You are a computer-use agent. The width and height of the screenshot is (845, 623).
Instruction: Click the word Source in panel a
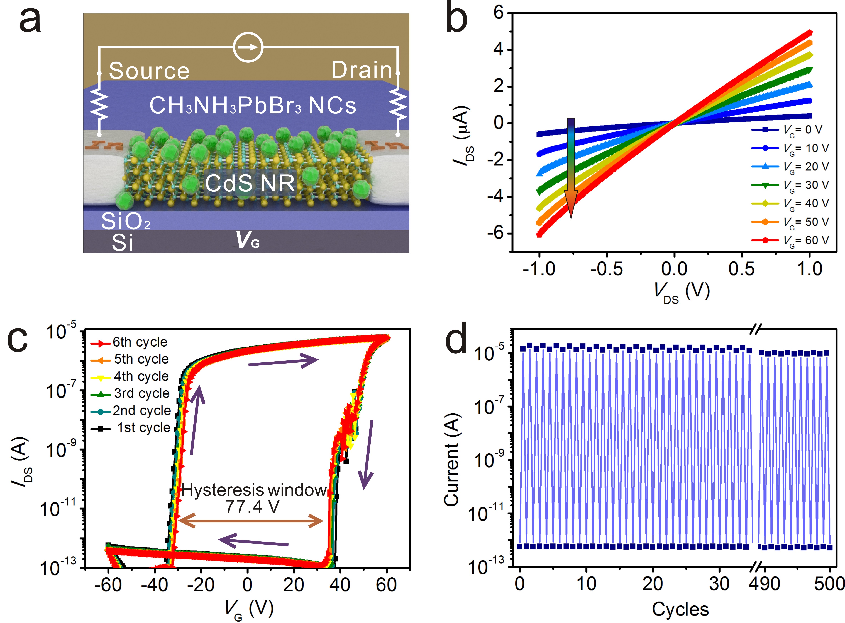(x=149, y=71)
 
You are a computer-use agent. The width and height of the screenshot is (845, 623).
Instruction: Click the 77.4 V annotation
(x=252, y=506)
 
